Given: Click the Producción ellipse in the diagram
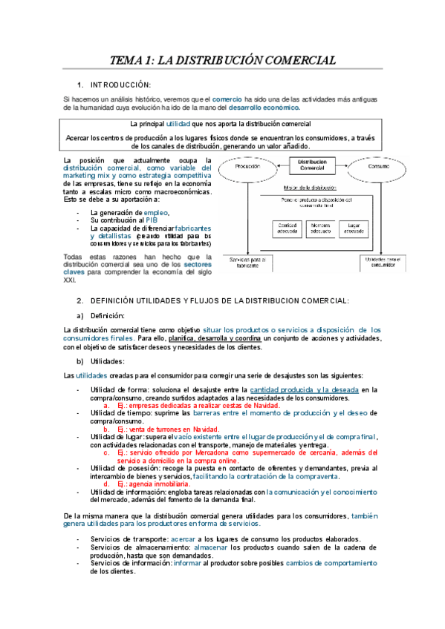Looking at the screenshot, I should click(246, 168).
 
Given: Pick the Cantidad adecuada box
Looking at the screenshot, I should click(273, 228).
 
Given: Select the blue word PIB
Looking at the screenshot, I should click(151, 221).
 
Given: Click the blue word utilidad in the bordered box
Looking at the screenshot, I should click(178, 124).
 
